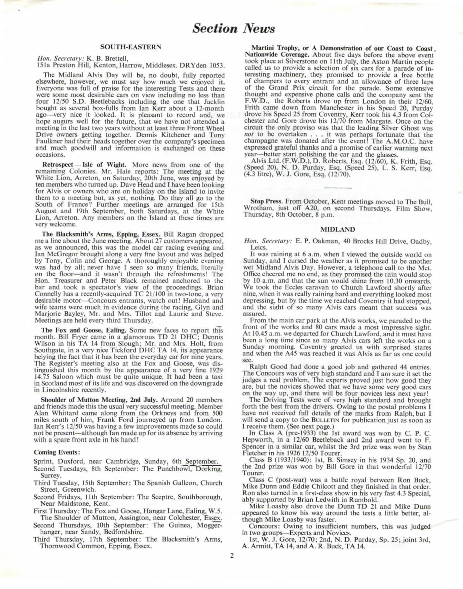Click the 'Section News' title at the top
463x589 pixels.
coord(233,28)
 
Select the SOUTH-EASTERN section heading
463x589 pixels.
coord(131,47)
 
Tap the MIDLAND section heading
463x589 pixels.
coord(338,229)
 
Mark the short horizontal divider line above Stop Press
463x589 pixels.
coord(338,188)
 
